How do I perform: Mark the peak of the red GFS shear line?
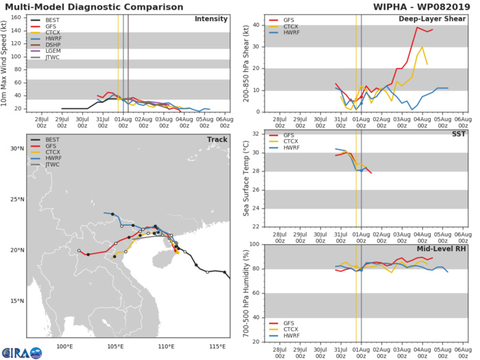[417, 27]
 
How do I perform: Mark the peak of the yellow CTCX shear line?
[422, 47]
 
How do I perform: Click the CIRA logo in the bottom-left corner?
[21, 352]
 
